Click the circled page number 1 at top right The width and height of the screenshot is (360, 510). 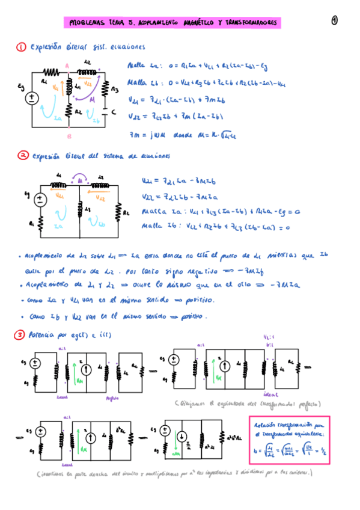(x=335, y=20)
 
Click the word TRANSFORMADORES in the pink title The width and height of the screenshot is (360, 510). (x=252, y=23)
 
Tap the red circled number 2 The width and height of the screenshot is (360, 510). (x=22, y=155)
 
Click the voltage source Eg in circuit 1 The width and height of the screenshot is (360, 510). (x=31, y=99)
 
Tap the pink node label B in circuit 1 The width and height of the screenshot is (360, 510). (x=70, y=127)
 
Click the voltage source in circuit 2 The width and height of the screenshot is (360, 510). (x=40, y=200)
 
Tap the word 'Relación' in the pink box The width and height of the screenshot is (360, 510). (x=269, y=425)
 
